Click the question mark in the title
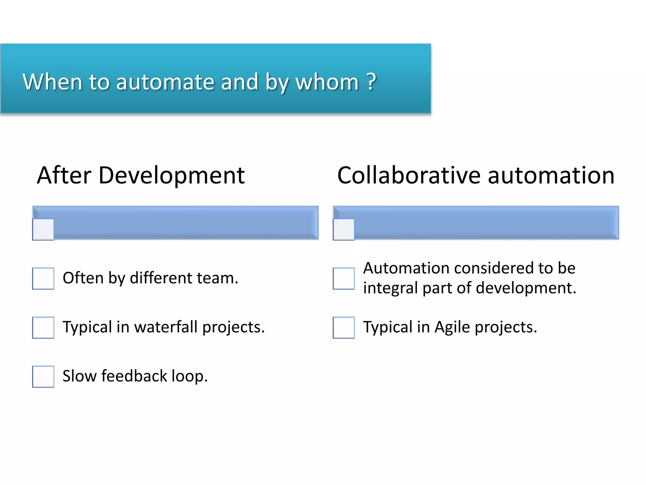372,81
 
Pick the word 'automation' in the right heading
551,175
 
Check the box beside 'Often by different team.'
43,278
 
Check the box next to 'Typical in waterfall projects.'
43,327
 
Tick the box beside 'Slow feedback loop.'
43,376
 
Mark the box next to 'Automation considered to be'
344,278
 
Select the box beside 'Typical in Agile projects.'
344,327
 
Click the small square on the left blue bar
43,230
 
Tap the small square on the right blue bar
344,230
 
